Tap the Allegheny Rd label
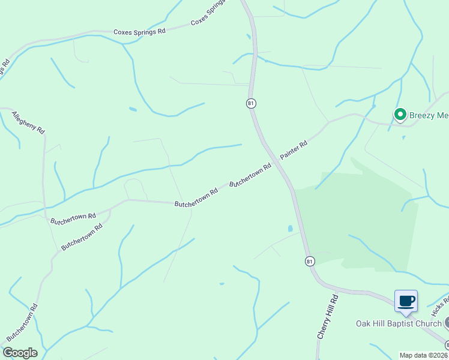(x=28, y=122)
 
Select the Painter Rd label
(x=294, y=150)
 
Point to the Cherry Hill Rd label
(x=327, y=317)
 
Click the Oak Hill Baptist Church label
(x=398, y=324)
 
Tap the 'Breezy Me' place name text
(x=429, y=114)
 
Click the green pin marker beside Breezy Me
(x=400, y=113)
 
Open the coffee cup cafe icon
(x=406, y=301)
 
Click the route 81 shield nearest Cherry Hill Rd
(x=309, y=261)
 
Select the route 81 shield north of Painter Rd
(x=251, y=103)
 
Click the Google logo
(x=20, y=353)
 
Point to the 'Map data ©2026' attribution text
(x=423, y=355)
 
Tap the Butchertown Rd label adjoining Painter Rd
(x=250, y=175)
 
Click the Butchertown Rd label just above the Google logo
(x=22, y=325)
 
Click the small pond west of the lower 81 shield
(x=291, y=229)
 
